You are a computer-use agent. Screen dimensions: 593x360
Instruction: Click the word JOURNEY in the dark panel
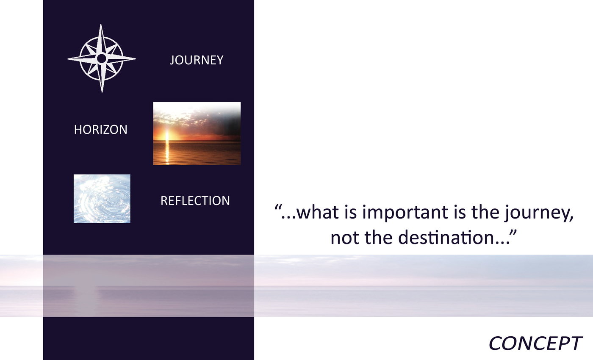click(197, 60)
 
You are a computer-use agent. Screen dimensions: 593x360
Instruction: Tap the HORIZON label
click(101, 130)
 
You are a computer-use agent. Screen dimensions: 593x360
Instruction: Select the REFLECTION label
click(195, 201)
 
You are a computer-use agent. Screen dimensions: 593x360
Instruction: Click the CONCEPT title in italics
click(535, 343)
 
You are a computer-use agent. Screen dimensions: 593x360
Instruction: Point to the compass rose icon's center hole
click(101, 58)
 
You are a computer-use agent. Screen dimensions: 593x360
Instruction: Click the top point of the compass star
click(101, 25)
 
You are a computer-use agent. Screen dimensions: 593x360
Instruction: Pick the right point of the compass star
click(135, 58)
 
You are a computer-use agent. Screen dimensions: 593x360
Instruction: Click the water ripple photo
click(102, 199)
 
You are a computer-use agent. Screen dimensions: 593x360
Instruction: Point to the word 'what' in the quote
click(318, 212)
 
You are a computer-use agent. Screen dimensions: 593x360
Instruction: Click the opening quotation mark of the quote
click(277, 207)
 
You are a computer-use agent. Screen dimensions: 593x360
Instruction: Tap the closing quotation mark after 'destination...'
click(513, 232)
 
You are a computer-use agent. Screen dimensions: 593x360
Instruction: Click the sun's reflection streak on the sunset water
click(167, 152)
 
